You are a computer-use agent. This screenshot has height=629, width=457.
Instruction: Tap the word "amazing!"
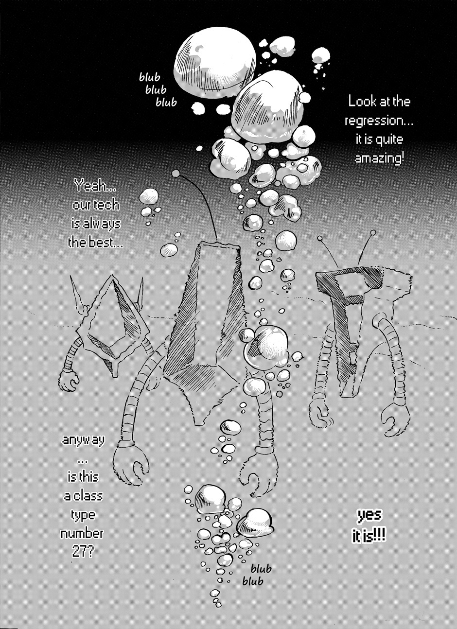pos(379,158)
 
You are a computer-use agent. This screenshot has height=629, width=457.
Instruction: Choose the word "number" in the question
pos(82,533)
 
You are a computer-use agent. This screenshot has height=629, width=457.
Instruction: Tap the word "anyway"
pos(83,440)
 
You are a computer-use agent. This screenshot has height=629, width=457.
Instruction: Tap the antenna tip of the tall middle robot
pos(176,173)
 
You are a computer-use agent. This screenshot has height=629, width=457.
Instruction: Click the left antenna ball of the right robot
pos(320,239)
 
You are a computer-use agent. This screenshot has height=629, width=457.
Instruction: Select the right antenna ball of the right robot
pos(373,232)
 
